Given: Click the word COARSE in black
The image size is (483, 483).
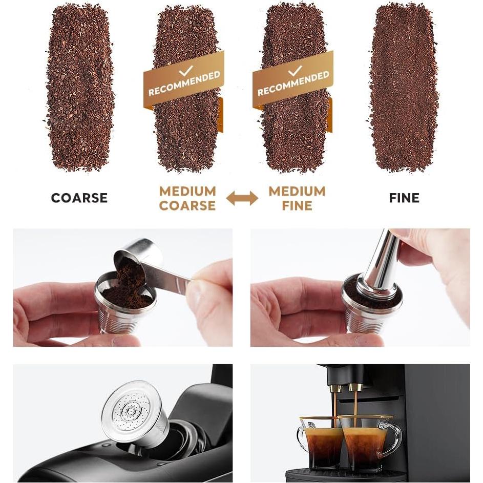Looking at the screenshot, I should [x=79, y=198].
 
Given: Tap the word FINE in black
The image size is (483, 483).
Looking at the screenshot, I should [x=404, y=198].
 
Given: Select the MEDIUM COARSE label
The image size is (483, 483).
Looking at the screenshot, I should [x=187, y=198].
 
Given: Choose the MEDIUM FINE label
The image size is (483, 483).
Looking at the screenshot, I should [x=297, y=198].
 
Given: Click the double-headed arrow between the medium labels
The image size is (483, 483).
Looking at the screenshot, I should [x=242, y=198].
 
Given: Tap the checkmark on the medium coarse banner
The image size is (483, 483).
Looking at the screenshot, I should [x=185, y=70].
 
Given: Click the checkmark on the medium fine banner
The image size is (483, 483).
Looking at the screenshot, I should [x=295, y=70].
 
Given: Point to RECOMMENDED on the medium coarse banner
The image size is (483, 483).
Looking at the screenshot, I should [x=184, y=84].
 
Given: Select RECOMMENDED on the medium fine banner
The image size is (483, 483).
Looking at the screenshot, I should [x=293, y=84].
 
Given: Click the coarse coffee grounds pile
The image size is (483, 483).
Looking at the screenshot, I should [x=79, y=87].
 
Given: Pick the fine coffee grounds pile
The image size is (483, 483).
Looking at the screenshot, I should [x=404, y=87].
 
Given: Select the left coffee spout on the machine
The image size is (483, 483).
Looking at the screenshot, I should [x=335, y=389].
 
